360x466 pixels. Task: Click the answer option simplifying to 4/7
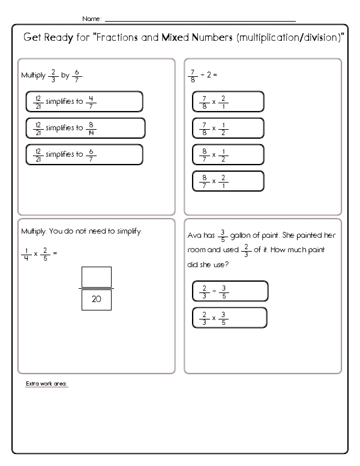click(x=84, y=101)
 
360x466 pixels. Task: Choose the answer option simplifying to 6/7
click(x=84, y=154)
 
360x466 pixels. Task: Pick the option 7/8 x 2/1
click(x=227, y=101)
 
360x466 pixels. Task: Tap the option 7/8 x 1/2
click(x=227, y=129)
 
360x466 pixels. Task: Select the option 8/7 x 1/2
click(x=227, y=155)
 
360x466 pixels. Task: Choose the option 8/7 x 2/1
click(x=227, y=181)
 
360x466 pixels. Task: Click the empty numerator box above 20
click(x=96, y=276)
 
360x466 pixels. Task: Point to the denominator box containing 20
click(x=96, y=299)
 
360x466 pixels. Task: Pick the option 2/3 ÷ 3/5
click(x=230, y=291)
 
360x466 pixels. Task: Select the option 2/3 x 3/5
click(x=230, y=318)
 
